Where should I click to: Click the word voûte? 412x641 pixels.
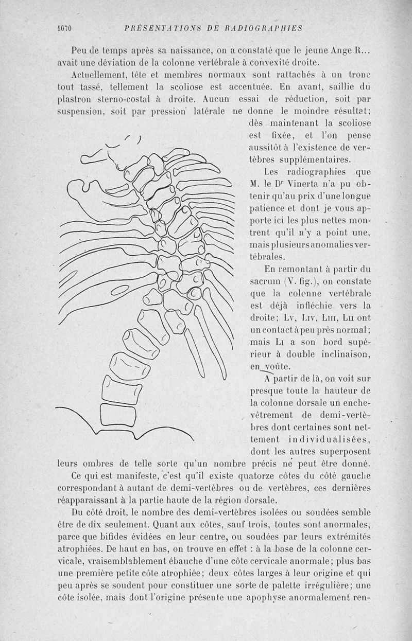[275, 367]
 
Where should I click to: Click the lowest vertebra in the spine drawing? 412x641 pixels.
[117, 414]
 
